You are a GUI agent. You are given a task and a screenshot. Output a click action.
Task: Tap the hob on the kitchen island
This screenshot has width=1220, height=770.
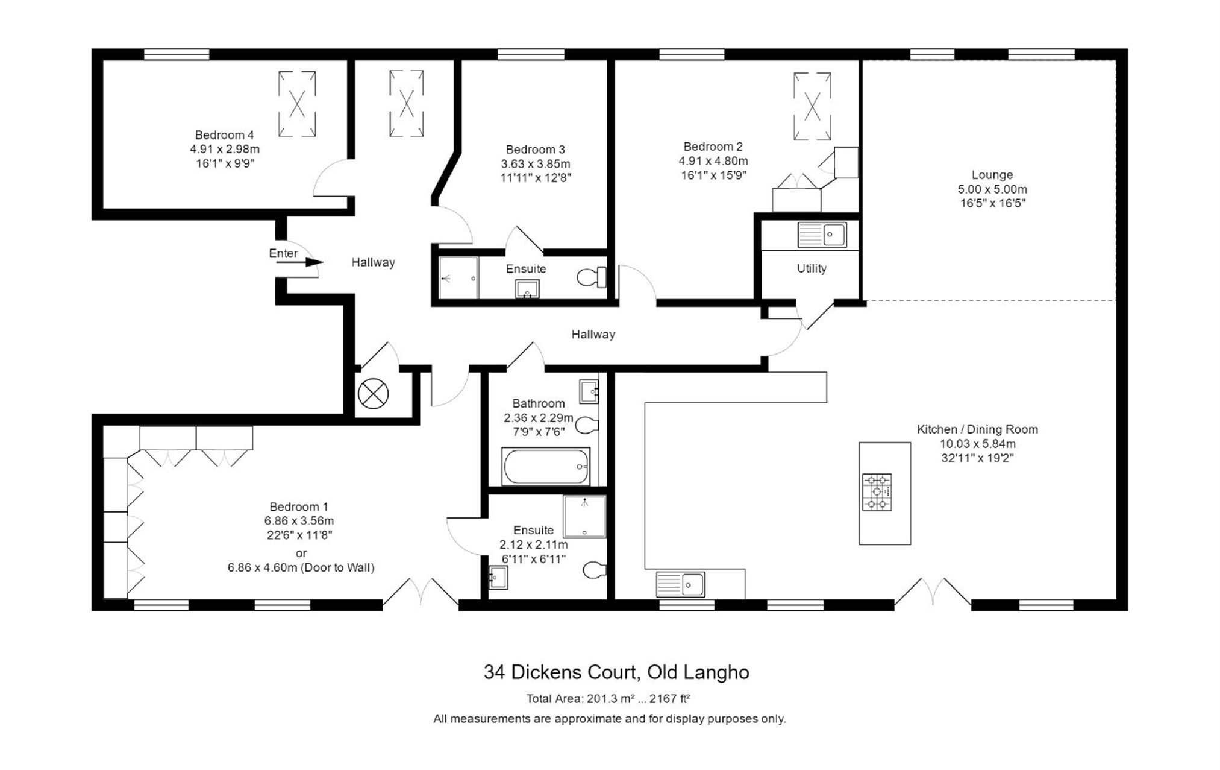(x=877, y=492)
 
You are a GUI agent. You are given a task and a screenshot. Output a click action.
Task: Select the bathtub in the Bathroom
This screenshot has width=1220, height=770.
(x=546, y=466)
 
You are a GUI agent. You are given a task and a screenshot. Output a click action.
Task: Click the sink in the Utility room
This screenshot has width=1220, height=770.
(x=822, y=235)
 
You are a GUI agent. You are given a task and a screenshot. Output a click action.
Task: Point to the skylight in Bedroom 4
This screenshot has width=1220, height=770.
(x=297, y=104)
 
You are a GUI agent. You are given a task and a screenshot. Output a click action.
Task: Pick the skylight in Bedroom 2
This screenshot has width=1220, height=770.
(x=812, y=106)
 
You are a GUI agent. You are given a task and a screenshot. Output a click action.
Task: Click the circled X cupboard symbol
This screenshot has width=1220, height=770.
(x=374, y=394)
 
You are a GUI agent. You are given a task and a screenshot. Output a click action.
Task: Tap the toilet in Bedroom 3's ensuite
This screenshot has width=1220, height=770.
(x=592, y=277)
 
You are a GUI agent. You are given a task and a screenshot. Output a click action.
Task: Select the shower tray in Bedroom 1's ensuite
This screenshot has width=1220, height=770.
(x=584, y=516)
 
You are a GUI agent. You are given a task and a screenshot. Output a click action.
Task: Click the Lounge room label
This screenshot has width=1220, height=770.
(x=992, y=175)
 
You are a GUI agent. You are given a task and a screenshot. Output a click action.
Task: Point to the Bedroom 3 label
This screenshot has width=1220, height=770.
(x=536, y=149)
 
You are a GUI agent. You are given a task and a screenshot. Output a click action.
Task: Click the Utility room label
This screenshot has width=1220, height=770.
(x=812, y=268)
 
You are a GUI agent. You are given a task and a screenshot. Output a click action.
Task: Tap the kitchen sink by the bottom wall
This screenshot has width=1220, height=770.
(x=680, y=584)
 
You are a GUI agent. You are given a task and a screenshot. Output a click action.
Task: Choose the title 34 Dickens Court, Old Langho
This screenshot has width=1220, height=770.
(x=616, y=672)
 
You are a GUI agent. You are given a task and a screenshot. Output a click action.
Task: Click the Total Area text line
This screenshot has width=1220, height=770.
(x=608, y=699)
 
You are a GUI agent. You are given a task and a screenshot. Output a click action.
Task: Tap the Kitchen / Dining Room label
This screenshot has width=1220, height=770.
(x=977, y=429)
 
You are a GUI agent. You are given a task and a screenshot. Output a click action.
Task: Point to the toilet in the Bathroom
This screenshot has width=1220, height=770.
(x=587, y=425)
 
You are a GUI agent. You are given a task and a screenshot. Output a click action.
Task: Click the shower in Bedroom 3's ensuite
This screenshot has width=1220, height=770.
(x=458, y=278)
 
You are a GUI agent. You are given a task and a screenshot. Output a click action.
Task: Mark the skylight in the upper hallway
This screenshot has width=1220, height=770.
(x=407, y=103)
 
